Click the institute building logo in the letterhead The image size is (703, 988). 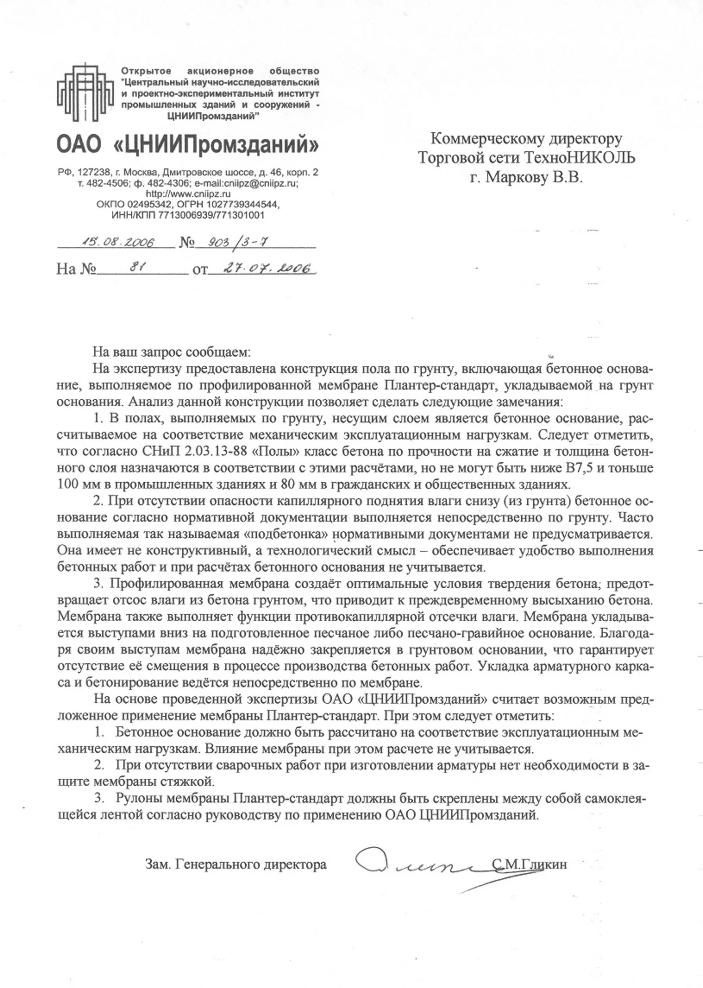click(85, 93)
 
